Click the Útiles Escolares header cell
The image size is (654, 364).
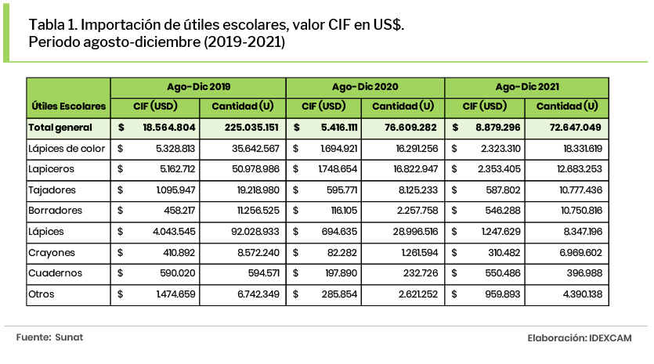pyautogui.click(x=68, y=105)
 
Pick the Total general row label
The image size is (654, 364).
pyautogui.click(x=60, y=127)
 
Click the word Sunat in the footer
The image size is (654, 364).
pyautogui.click(x=69, y=337)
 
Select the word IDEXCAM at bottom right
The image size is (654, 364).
pyautogui.click(x=611, y=337)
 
